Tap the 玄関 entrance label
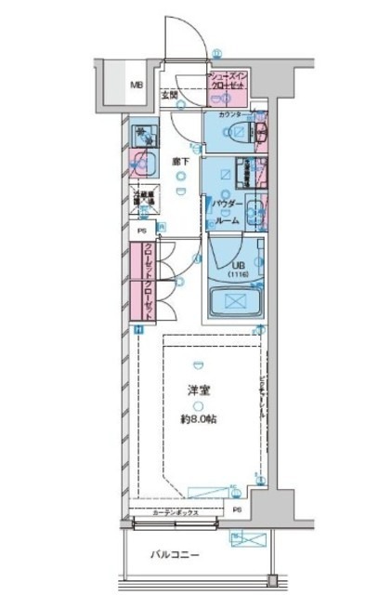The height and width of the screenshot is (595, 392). pyautogui.click(x=169, y=95)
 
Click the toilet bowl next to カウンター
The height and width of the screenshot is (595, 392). pyautogui.click(x=237, y=133)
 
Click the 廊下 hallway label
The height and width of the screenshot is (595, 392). pyautogui.click(x=180, y=163)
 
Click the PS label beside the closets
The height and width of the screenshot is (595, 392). pyautogui.click(x=141, y=231)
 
